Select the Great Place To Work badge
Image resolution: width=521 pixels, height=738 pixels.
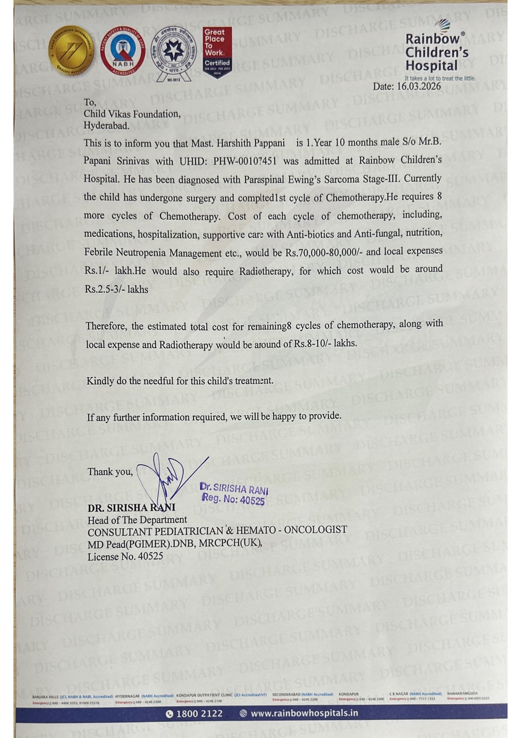click(x=217, y=52)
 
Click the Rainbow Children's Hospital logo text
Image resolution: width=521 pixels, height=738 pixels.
click(x=437, y=52)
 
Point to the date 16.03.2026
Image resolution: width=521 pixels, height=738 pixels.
click(x=419, y=87)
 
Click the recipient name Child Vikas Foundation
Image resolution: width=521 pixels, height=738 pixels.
click(x=132, y=114)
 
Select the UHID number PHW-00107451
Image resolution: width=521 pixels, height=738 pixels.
click(x=245, y=161)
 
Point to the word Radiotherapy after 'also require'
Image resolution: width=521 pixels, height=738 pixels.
click(x=266, y=271)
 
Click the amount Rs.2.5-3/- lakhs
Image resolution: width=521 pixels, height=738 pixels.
click(x=116, y=289)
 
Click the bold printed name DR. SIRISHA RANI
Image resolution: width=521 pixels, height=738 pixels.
click(x=131, y=508)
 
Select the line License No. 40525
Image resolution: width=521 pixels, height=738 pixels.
click(x=125, y=556)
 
